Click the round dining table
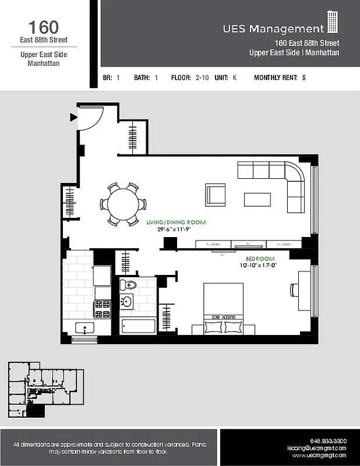click(123, 204)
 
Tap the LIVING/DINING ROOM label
click(176, 223)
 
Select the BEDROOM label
click(260, 258)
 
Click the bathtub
click(138, 326)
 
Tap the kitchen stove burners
click(103, 309)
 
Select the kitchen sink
click(86, 328)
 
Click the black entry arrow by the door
click(73, 117)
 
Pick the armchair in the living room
click(216, 193)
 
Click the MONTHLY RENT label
click(276, 77)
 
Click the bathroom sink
click(126, 302)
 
